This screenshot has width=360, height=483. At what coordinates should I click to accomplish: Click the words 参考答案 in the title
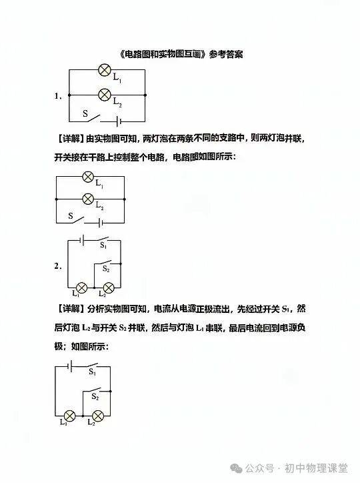[226, 55]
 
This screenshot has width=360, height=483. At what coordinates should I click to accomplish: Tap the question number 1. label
[58, 96]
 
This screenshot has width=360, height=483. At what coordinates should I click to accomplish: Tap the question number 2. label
[58, 266]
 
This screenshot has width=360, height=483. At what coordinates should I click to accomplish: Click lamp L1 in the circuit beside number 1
[105, 70]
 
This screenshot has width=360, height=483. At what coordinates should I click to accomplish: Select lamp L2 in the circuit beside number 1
[105, 94]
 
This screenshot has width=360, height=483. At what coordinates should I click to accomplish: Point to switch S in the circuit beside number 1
[95, 117]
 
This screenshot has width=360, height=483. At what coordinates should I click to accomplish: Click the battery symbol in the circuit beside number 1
[119, 121]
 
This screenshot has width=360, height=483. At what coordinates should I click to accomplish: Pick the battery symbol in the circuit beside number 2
[82, 240]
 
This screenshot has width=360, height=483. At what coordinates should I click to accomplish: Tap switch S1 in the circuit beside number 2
[102, 239]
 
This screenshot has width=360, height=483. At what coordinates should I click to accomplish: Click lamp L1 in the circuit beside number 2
[81, 288]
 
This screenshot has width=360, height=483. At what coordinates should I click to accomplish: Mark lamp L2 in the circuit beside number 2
[109, 288]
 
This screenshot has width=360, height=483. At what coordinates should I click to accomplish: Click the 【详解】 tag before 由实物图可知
[70, 139]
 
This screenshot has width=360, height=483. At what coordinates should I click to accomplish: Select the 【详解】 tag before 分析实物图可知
[70, 309]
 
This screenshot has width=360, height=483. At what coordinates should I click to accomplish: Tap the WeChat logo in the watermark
[236, 468]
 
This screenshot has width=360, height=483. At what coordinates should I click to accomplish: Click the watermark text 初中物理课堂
[316, 468]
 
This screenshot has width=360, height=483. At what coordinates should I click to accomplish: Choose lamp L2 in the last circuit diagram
[98, 416]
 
